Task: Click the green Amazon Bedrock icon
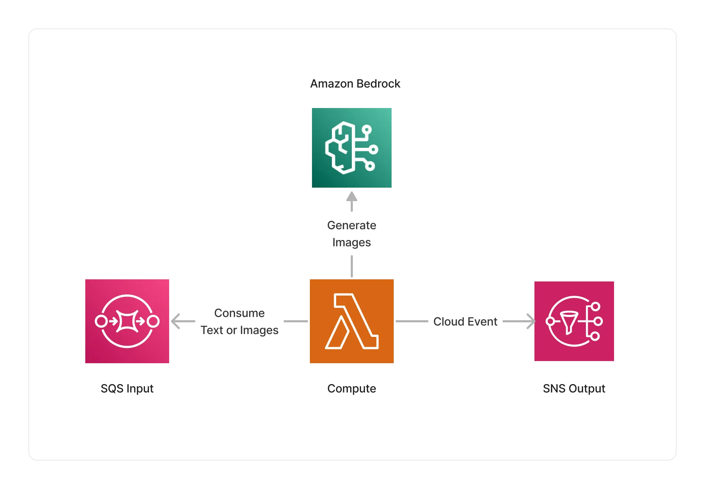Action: click(x=352, y=148)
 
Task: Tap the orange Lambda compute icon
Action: click(x=352, y=321)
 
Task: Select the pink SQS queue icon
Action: click(x=127, y=321)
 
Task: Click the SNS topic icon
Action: click(x=574, y=321)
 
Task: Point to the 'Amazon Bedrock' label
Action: click(x=355, y=84)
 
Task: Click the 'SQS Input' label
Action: click(x=127, y=388)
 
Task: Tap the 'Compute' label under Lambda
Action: click(x=352, y=388)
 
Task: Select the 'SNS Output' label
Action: click(x=574, y=388)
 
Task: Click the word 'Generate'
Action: click(x=352, y=225)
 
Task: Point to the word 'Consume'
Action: click(x=240, y=313)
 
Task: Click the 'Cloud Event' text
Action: click(x=465, y=322)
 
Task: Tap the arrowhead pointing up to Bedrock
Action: click(x=352, y=196)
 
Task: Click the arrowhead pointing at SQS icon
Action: click(x=176, y=321)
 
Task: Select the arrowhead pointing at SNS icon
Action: click(x=531, y=321)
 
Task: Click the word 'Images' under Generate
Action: click(x=352, y=243)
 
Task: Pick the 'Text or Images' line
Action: click(x=240, y=331)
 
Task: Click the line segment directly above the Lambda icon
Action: click(x=352, y=266)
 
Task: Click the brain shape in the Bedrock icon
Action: click(x=341, y=148)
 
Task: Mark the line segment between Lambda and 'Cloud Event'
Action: click(x=412, y=321)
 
